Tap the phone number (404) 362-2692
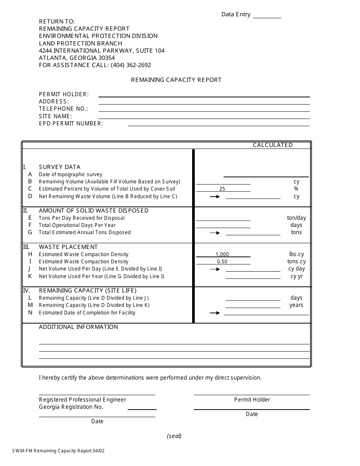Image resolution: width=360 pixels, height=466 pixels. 131,65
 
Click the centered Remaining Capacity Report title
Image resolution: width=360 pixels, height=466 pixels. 176,80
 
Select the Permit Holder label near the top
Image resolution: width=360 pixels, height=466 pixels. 64,94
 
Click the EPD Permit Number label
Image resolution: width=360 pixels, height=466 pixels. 71,124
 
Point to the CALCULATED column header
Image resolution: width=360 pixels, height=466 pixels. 273,145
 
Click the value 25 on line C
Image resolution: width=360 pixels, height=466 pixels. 222,189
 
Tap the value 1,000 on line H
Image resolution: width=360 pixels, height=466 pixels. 222,255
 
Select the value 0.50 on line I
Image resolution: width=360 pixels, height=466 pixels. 222,262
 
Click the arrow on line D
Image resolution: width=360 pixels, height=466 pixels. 215,197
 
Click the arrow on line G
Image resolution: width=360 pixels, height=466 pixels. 215,233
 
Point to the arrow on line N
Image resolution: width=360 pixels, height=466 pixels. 215,313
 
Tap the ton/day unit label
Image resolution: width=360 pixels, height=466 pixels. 296,218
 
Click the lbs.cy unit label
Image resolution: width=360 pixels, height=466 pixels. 296,255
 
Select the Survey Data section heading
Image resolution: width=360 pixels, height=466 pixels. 59,167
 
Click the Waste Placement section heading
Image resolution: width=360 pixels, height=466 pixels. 68,247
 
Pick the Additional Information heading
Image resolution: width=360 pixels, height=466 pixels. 78,327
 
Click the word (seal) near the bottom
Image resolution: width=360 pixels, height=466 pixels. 174,436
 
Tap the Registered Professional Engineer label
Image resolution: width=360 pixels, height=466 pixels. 83,400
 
